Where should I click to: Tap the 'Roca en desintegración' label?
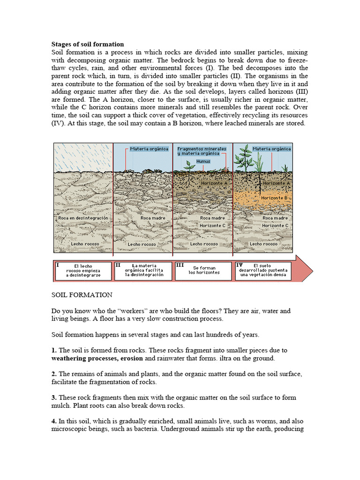coord(83,218)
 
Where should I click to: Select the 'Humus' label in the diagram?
coord(203,161)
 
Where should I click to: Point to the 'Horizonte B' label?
coord(274,198)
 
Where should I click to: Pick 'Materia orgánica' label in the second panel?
coord(149,149)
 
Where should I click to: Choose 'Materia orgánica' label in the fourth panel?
coord(271,149)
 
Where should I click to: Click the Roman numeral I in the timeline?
coord(58,265)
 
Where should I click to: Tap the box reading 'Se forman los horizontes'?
coord(203,270)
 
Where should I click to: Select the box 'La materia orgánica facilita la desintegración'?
coord(144,270)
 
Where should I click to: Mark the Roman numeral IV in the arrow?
coord(239,265)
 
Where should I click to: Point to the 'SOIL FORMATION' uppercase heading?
coord(82,295)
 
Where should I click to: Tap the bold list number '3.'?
coord(54,397)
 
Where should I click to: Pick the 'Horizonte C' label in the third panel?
coord(212,225)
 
